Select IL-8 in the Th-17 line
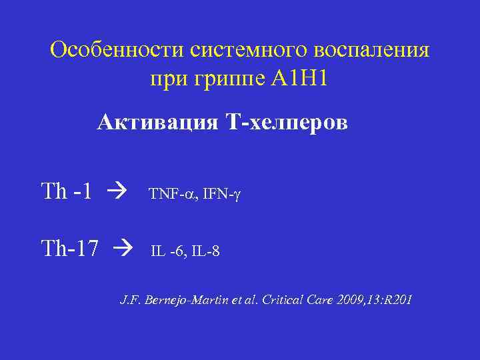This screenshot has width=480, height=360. [207, 252]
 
